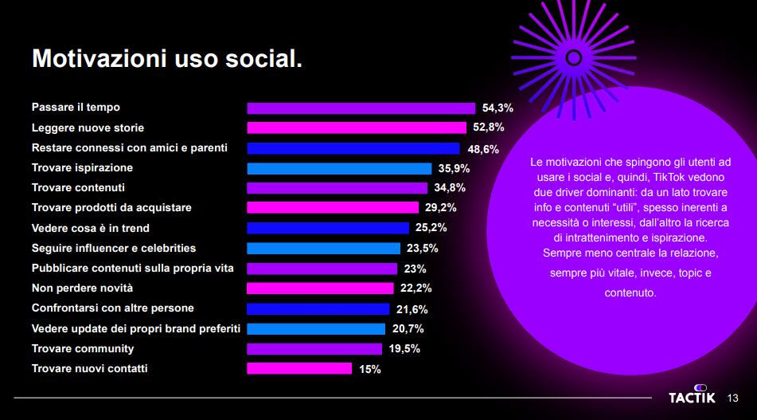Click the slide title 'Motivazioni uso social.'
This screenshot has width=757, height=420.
point(167,58)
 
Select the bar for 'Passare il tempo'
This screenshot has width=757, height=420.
point(361,108)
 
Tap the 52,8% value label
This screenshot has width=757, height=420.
point(488,128)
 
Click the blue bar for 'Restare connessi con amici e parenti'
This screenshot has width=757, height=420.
point(353,148)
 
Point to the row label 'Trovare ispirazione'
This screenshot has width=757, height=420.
point(82,167)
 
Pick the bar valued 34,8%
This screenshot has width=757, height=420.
point(337,188)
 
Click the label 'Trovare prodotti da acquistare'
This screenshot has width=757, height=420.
point(111,207)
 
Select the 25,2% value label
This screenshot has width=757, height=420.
point(431,228)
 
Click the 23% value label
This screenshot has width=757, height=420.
point(415,269)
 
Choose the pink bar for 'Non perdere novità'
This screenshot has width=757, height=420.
point(320,289)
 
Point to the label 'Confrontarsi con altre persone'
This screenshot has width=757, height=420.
point(112,308)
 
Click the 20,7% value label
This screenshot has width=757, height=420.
point(408,328)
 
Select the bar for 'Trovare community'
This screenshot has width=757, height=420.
point(314,349)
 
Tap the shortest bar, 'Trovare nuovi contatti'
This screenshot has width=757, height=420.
point(299,368)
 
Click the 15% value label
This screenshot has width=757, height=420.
point(369,369)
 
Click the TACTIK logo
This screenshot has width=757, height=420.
point(692,397)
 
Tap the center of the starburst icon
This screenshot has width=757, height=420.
point(572,57)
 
